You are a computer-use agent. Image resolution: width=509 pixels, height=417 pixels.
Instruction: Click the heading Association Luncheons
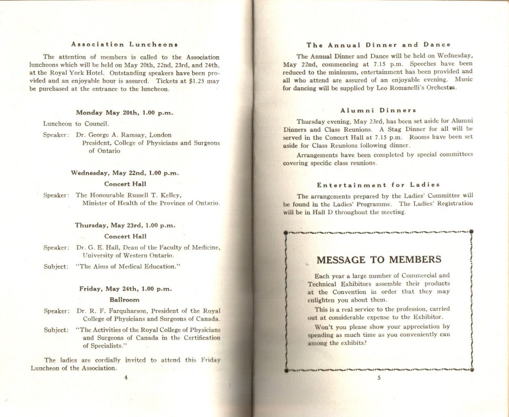point(125,44)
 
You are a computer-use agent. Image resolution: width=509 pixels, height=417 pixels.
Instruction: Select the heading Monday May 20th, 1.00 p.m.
point(125,113)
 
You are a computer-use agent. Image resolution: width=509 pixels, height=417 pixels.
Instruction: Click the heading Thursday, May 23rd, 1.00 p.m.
point(125,225)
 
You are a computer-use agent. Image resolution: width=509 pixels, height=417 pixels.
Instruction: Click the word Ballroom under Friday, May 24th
point(125,300)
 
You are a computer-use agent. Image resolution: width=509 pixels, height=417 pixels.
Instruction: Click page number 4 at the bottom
point(126,377)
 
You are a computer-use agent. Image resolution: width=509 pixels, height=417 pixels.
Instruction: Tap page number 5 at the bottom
point(379,377)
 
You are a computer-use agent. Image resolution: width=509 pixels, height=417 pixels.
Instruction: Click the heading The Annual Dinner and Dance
point(378,45)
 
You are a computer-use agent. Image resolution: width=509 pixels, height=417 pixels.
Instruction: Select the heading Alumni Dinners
point(378,110)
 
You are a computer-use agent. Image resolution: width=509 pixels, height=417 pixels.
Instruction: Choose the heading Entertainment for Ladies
point(378,185)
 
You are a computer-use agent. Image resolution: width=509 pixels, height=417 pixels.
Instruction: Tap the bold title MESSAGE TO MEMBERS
point(379,260)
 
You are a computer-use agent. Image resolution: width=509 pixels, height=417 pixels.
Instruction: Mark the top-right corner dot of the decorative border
point(471,232)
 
